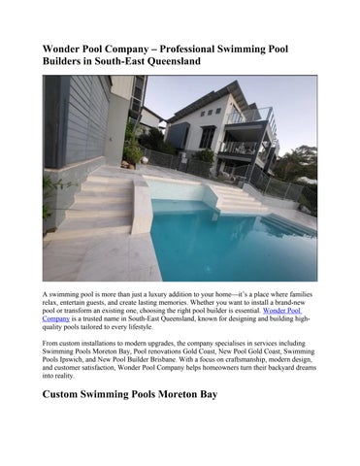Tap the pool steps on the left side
[x=97, y=199]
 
